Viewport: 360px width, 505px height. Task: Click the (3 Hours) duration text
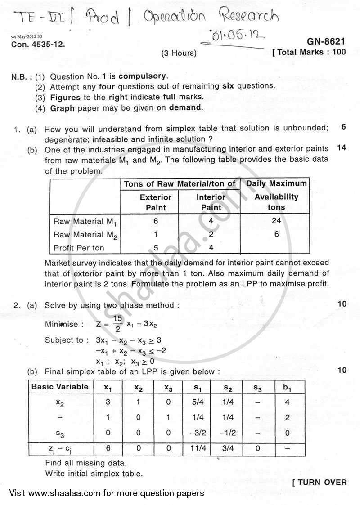pyautogui.click(x=179, y=53)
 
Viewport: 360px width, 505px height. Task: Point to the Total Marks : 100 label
pyautogui.click(x=310, y=52)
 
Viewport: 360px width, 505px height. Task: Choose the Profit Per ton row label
pyautogui.click(x=79, y=247)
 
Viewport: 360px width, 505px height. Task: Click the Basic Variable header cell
pyautogui.click(x=60, y=387)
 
